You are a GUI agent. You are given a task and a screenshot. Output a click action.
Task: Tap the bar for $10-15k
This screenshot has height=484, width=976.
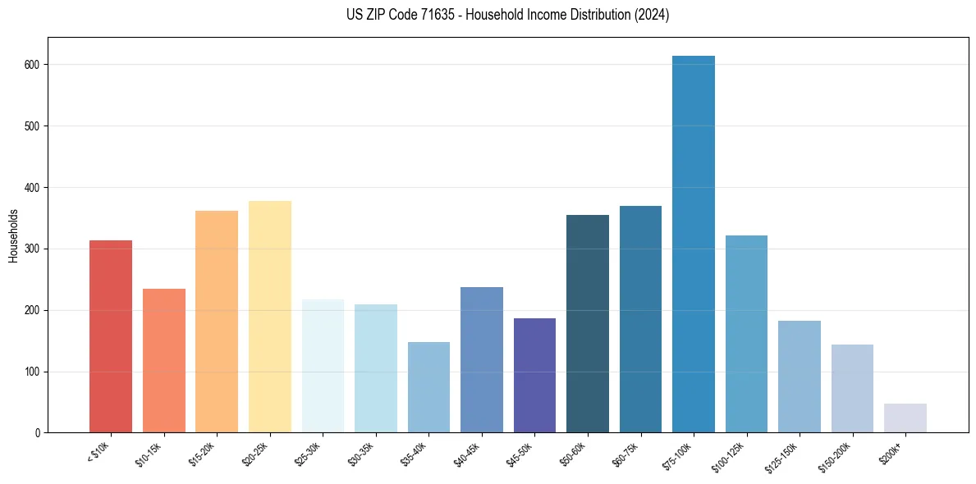164,361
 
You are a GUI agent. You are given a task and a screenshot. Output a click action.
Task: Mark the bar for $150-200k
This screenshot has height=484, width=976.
852,389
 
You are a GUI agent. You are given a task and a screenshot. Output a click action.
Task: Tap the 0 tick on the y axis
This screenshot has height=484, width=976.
39,433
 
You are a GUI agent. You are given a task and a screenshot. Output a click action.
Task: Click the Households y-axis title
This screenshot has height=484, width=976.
13,235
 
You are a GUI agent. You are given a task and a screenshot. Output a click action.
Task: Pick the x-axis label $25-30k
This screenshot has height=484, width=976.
307,454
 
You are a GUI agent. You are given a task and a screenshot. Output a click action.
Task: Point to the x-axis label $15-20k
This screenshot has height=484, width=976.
201,454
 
